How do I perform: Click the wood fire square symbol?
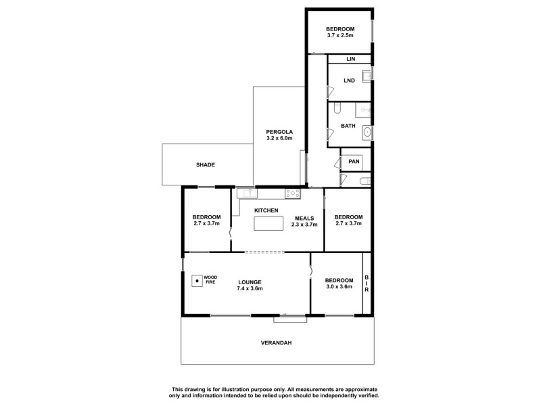click(x=197, y=279)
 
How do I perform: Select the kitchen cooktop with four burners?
click(x=293, y=194)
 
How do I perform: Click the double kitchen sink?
click(x=246, y=194)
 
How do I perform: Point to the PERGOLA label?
click(x=279, y=132)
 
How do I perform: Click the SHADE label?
click(x=206, y=165)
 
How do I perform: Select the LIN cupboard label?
click(x=350, y=60)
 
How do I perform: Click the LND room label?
click(x=349, y=81)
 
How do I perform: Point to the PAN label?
click(x=354, y=162)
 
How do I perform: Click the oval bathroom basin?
click(x=368, y=132)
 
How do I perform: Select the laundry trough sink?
click(x=366, y=76)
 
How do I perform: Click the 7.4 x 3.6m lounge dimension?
click(x=250, y=288)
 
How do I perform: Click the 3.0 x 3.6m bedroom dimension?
click(x=338, y=287)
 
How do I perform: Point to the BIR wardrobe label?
click(x=367, y=284)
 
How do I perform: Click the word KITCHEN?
click(x=266, y=210)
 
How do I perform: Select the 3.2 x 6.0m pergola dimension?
click(x=279, y=139)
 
